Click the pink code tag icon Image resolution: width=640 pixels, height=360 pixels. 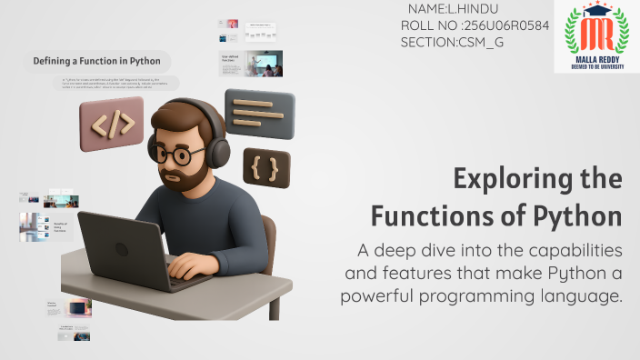click(111, 125)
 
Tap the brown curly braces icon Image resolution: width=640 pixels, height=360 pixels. click(265, 166)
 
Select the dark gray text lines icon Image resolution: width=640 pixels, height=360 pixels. click(259, 113)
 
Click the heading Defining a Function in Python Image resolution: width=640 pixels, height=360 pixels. click(96, 62)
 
